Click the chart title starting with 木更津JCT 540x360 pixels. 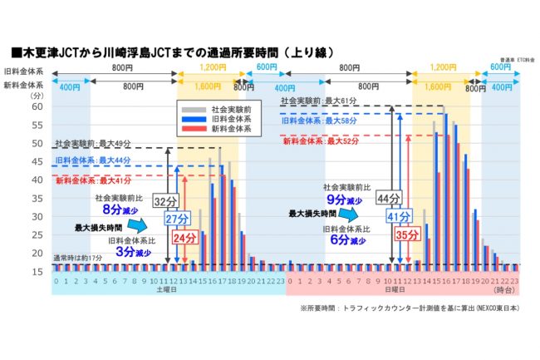pos(172,52)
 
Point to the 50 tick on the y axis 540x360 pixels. pos(37,143)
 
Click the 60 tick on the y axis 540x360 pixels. pos(37,107)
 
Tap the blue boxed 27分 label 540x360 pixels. pos(175,219)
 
